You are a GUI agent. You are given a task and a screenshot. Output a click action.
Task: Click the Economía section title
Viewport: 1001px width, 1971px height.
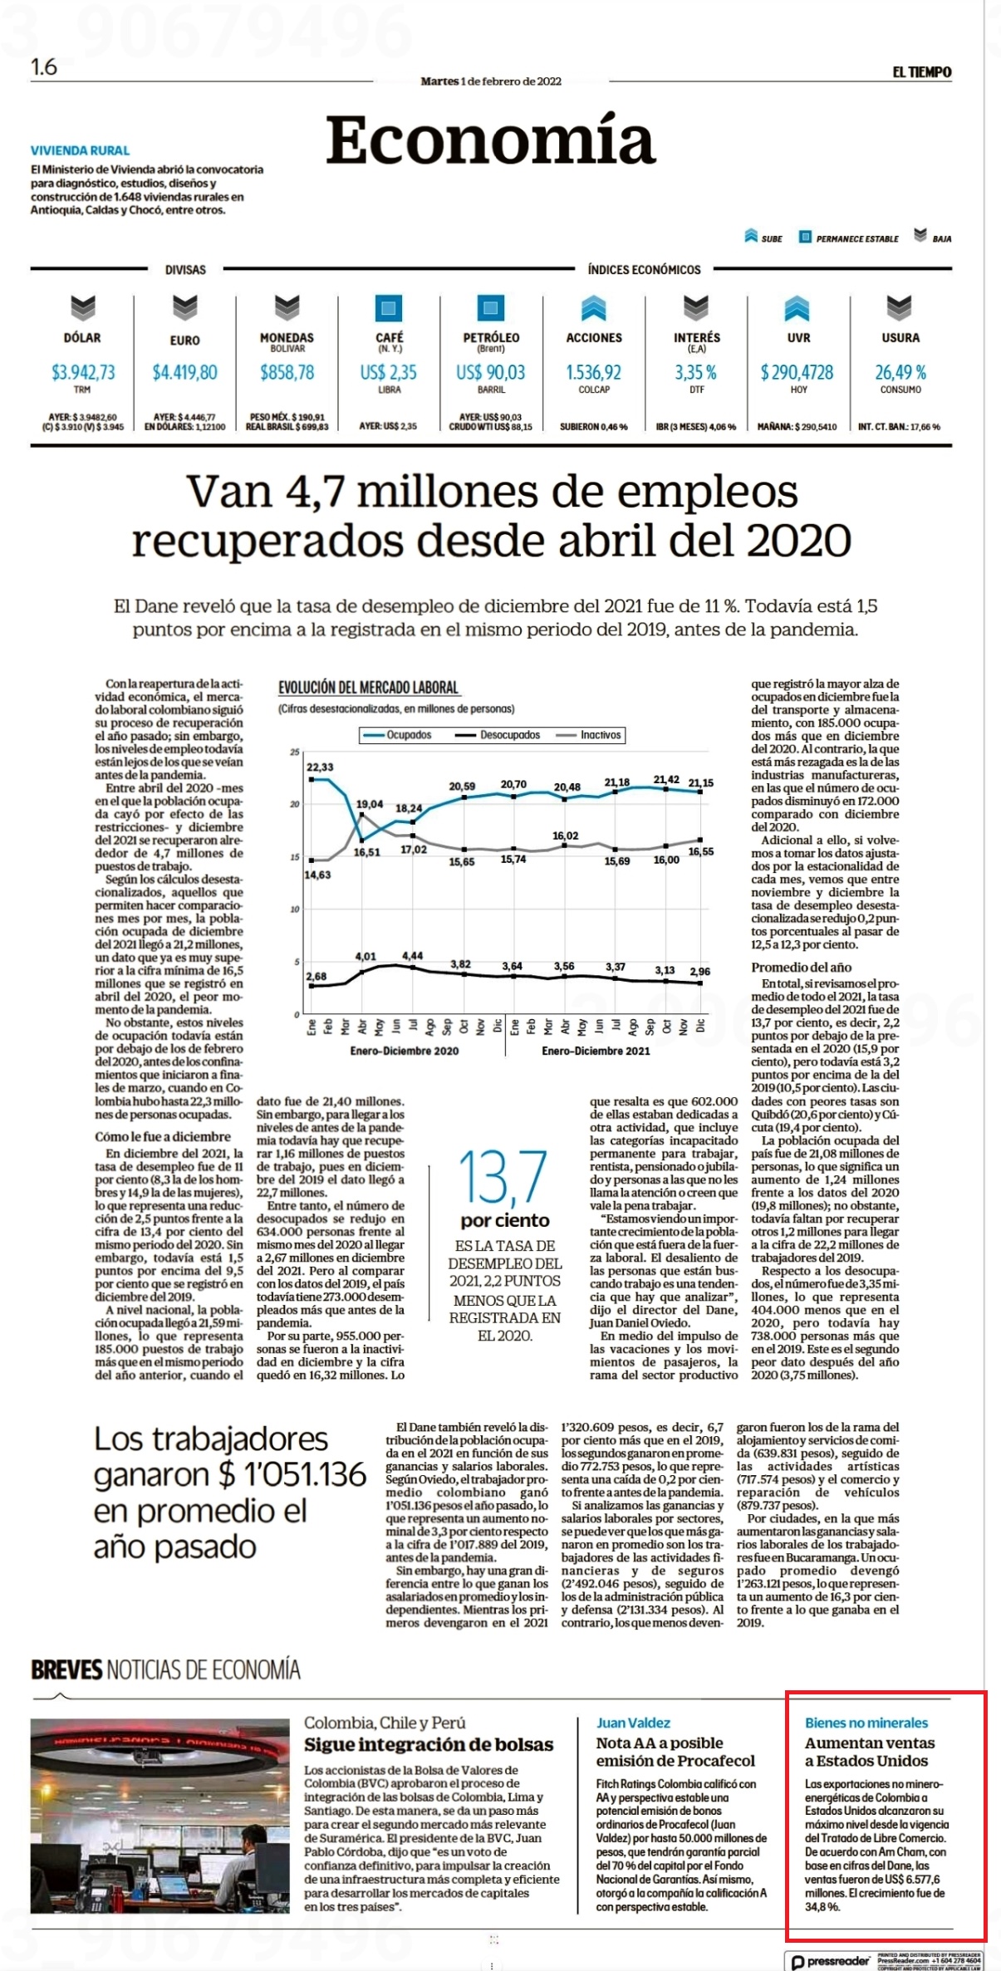[x=490, y=140]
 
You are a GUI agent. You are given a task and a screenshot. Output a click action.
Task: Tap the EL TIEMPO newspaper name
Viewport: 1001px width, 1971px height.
[x=922, y=72]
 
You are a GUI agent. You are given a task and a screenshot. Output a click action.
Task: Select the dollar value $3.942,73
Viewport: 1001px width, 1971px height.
[x=83, y=372]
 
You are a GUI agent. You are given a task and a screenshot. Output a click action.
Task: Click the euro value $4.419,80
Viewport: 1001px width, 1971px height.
[x=184, y=372]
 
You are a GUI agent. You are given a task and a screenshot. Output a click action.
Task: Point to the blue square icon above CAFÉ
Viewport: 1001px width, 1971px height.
[x=389, y=308]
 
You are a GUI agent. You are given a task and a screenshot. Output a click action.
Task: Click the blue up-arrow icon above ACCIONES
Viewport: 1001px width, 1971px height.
[x=594, y=308]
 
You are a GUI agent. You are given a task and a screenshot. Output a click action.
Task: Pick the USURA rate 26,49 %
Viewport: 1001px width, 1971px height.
[x=900, y=372]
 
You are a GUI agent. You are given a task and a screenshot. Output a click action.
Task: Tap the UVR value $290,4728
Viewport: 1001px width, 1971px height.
[x=797, y=372]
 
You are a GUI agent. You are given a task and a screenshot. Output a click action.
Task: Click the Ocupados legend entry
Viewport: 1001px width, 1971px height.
[x=398, y=735]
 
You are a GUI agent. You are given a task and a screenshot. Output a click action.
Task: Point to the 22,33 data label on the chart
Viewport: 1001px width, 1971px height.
[x=320, y=767]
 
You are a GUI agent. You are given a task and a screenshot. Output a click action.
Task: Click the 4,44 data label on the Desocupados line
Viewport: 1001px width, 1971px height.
[x=413, y=956]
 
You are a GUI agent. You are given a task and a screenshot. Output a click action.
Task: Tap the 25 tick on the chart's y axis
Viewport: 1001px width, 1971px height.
[x=294, y=753]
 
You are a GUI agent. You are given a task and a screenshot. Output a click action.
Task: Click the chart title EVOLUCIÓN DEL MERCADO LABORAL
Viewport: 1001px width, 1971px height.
[x=369, y=688]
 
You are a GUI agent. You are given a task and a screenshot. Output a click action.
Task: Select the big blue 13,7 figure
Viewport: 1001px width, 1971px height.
[x=503, y=1177]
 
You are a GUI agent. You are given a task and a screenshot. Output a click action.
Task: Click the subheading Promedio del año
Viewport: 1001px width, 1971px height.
[x=802, y=967]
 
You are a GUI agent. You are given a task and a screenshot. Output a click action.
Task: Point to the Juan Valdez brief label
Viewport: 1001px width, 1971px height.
[x=633, y=1723]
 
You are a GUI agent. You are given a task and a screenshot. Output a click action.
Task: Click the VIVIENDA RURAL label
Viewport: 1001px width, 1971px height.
[x=81, y=150]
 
